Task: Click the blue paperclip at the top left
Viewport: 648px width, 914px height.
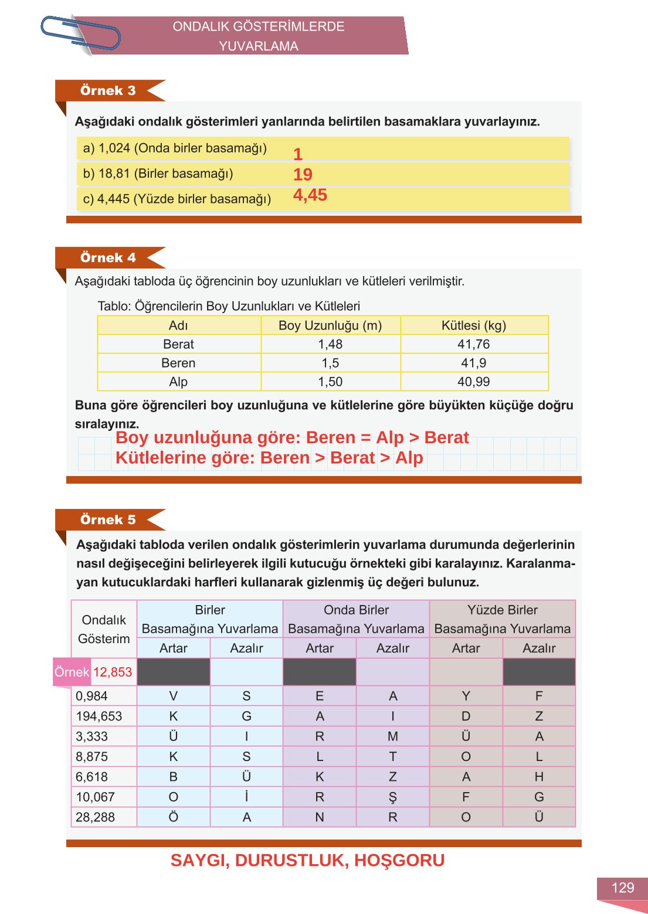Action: (x=80, y=33)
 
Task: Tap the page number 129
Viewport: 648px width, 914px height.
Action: (x=622, y=888)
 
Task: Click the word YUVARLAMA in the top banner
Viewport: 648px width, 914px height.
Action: (x=258, y=46)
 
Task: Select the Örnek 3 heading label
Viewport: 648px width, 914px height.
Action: (x=108, y=91)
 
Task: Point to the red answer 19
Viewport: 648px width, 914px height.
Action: (x=303, y=175)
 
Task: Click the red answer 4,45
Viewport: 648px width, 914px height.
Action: (x=310, y=195)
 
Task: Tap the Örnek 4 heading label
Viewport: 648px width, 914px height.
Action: (x=108, y=258)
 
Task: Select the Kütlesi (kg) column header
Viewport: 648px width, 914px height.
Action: (x=474, y=325)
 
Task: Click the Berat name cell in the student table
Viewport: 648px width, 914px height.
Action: (x=178, y=344)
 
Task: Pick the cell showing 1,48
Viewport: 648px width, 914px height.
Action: (x=330, y=344)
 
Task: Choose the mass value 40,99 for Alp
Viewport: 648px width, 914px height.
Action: (x=474, y=382)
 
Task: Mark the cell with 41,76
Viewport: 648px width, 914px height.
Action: (x=474, y=344)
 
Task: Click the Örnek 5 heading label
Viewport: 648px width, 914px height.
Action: (x=108, y=520)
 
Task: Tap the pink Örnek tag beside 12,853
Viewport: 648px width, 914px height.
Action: (x=72, y=672)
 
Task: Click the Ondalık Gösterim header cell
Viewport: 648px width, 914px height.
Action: (x=104, y=629)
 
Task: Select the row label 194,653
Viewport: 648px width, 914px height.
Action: (x=99, y=716)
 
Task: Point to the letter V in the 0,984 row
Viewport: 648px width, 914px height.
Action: (x=173, y=696)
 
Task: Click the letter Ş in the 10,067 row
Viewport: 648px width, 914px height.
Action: (x=392, y=797)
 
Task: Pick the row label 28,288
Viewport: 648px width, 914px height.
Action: (x=96, y=817)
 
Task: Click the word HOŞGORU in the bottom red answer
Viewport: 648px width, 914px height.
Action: (x=399, y=861)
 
